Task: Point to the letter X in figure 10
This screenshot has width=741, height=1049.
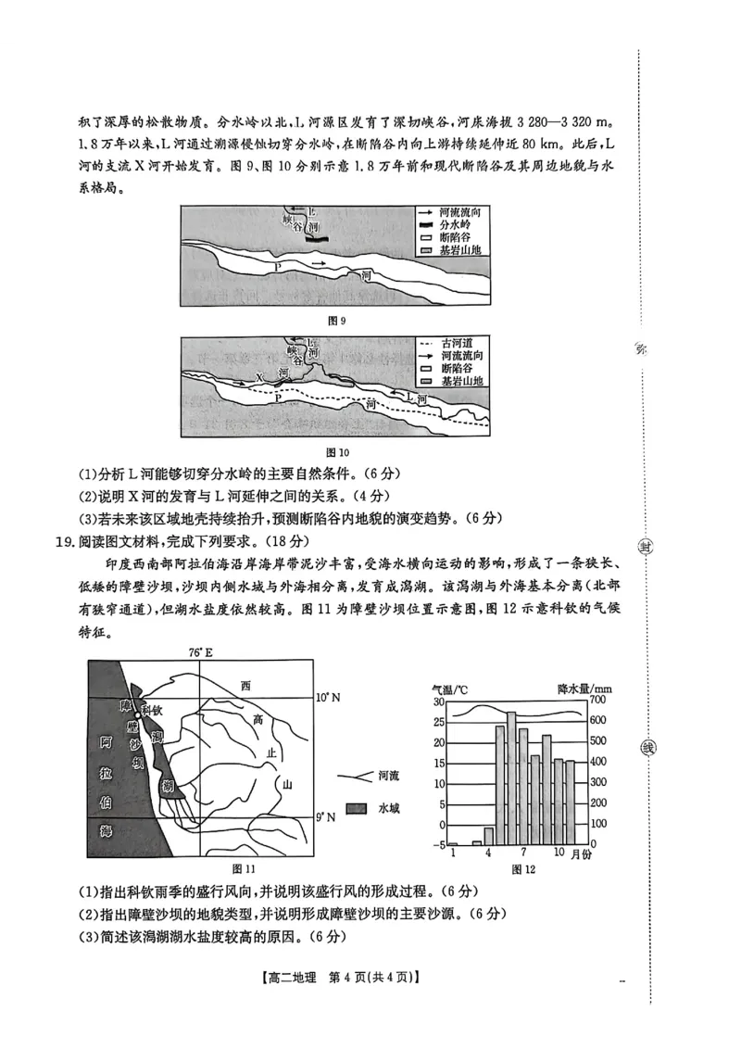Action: coord(260,377)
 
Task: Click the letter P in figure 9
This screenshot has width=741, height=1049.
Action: coord(277,267)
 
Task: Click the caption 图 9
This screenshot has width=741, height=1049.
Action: coord(337,321)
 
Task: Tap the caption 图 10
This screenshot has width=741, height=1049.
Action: coord(338,452)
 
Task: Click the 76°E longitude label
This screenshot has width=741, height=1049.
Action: coord(202,652)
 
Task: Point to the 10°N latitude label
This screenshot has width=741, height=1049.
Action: coord(328,697)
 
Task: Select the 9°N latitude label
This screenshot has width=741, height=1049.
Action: coord(325,816)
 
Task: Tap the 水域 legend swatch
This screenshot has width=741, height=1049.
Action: coord(357,808)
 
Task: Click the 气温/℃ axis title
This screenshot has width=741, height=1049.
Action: coord(448,689)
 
